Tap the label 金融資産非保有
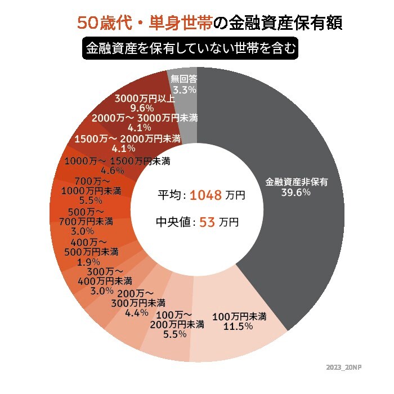(296, 182)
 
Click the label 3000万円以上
(145, 98)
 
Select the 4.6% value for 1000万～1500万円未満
(113, 171)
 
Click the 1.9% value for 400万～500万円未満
(88, 262)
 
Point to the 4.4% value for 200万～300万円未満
(137, 313)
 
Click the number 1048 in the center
(206, 195)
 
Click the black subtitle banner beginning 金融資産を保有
(189, 49)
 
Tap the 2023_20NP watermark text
(343, 367)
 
